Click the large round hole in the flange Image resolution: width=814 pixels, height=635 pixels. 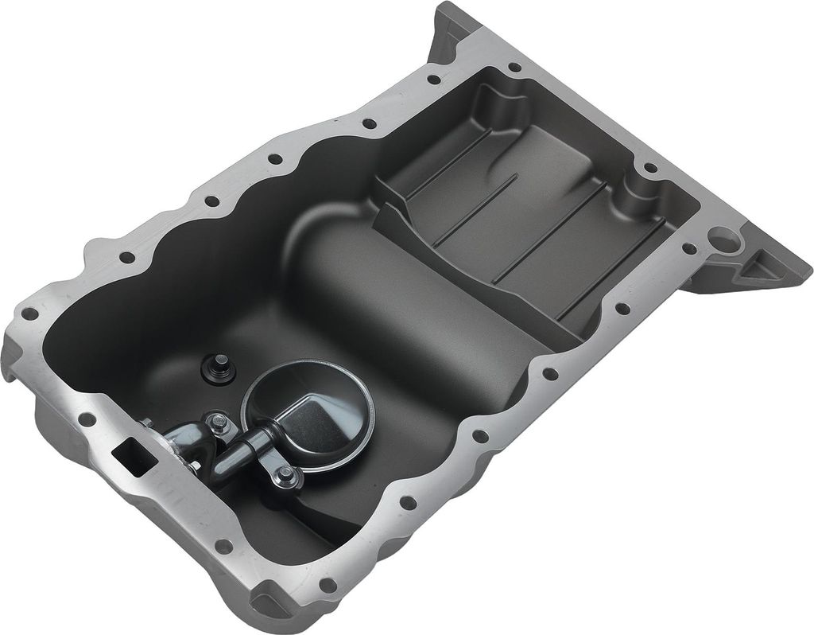(x=725, y=236)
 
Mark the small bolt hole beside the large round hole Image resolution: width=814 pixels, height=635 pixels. (x=689, y=248)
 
